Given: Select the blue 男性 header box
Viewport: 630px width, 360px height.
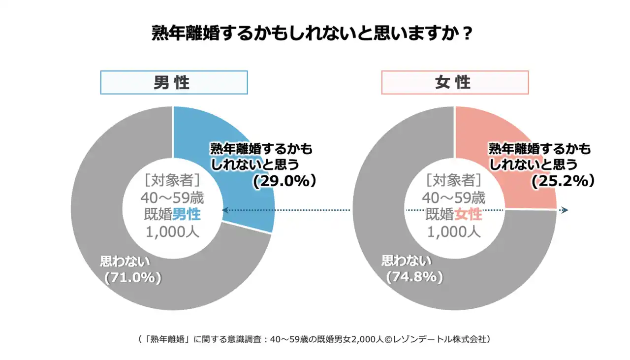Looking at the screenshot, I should coord(174,82).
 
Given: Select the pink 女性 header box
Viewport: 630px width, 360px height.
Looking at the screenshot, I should coord(454,82).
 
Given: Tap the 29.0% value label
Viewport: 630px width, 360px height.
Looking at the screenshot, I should coord(284,181).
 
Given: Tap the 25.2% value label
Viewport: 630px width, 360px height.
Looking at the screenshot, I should coord(563,181).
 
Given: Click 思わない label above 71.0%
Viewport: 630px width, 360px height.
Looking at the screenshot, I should coord(125,261).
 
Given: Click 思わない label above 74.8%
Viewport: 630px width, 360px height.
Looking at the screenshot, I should coord(407,261).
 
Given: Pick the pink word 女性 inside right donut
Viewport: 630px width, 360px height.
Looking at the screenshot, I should coord(468,214).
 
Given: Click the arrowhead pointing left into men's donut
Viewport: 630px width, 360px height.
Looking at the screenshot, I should coord(224,210).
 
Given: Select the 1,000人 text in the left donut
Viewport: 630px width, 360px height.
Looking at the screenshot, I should coord(172,231).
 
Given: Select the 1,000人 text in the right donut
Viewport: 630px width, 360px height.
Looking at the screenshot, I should coord(454,231).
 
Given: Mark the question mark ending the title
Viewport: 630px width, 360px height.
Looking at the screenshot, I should coord(468,34).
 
